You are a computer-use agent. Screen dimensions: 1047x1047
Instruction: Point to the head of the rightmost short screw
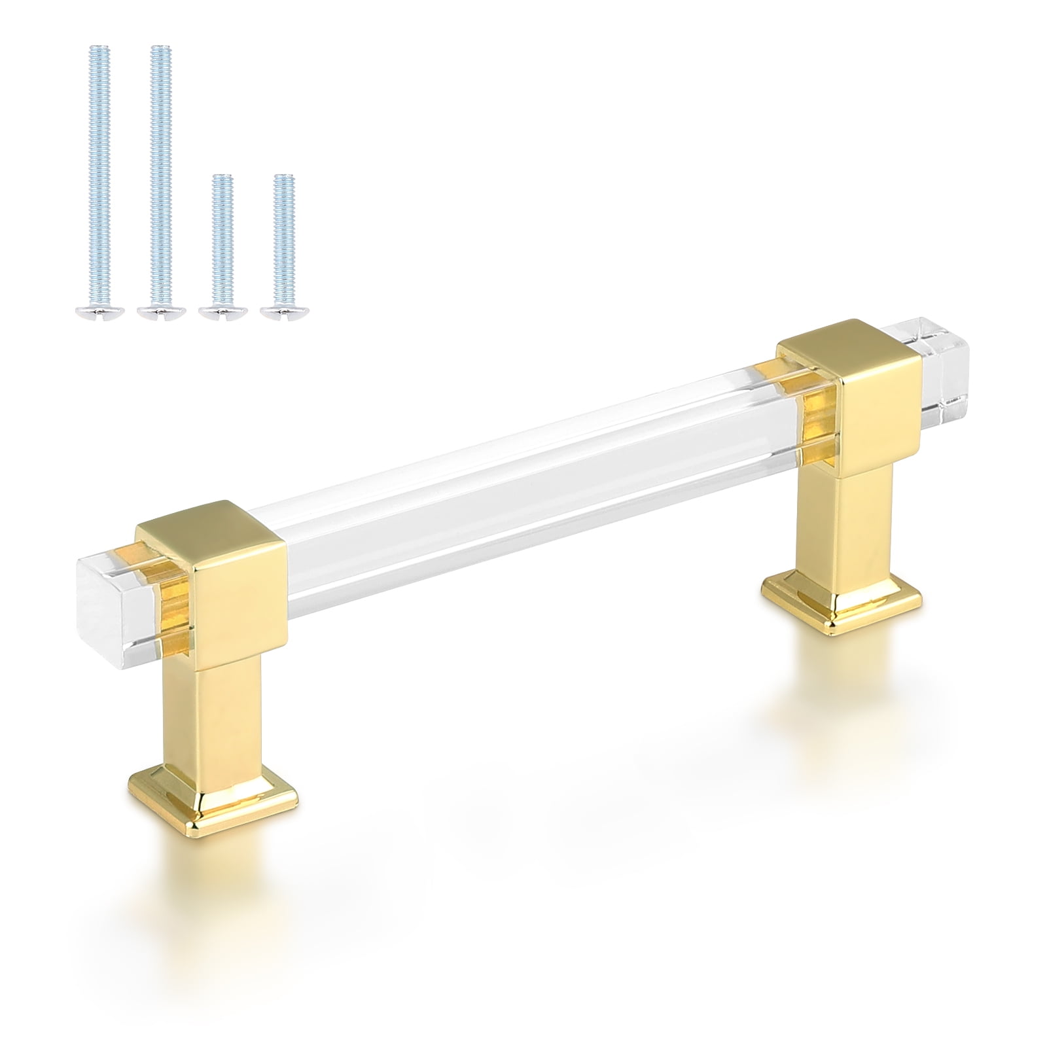pos(283,313)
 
